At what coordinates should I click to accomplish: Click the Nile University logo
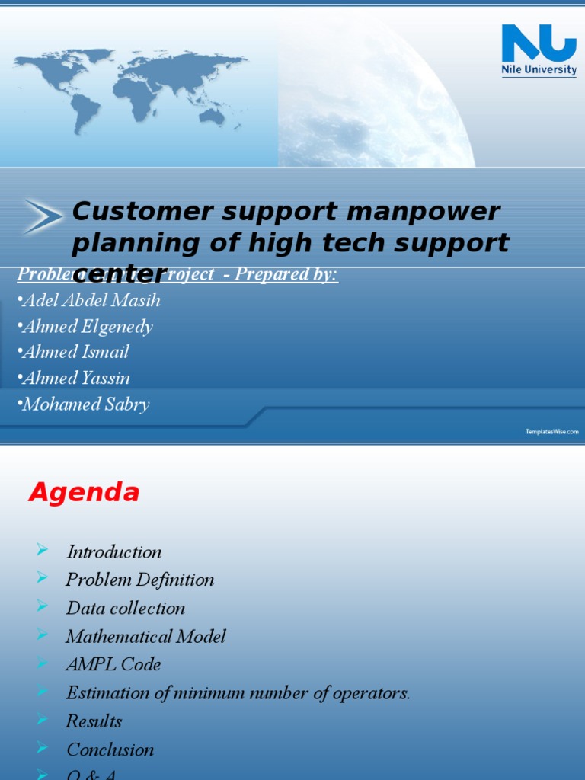pyautogui.click(x=539, y=50)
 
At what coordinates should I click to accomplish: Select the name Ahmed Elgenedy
pyautogui.click(x=88, y=327)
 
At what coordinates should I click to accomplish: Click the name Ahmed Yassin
pyautogui.click(x=76, y=378)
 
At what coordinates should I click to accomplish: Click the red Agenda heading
pyautogui.click(x=84, y=494)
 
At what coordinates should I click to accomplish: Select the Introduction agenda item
pyautogui.click(x=113, y=552)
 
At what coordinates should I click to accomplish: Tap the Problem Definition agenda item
pyautogui.click(x=139, y=580)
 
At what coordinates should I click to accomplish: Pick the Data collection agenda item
pyautogui.click(x=126, y=608)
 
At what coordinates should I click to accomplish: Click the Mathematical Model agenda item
pyautogui.click(x=145, y=636)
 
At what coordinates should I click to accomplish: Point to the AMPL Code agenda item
pyautogui.click(x=113, y=664)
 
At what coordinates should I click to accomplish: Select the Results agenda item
pyautogui.click(x=94, y=721)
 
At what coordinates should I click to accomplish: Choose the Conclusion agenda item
pyautogui.click(x=110, y=750)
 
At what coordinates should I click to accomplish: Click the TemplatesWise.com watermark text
pyautogui.click(x=551, y=432)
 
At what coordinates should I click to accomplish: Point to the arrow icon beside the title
pyautogui.click(x=43, y=216)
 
